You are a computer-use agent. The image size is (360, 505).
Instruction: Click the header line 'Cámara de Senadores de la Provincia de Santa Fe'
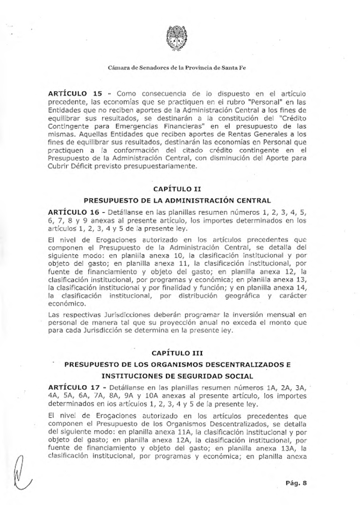click(x=177, y=68)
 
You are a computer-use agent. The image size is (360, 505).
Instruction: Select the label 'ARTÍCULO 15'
click(x=75, y=93)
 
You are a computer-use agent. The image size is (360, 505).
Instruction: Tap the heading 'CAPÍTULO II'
click(x=177, y=189)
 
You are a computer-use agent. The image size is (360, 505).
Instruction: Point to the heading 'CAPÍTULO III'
click(x=177, y=353)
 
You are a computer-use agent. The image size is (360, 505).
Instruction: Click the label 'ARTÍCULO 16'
click(x=74, y=213)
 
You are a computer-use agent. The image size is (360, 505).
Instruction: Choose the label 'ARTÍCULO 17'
click(x=74, y=388)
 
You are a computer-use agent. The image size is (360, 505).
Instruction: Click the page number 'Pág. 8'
click(x=296, y=483)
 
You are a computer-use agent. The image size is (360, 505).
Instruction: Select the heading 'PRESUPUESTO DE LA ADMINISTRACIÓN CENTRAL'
click(x=177, y=201)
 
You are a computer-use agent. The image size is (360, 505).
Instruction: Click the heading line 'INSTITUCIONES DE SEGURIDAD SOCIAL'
click(x=177, y=377)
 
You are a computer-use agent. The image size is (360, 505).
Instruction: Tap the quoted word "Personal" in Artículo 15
click(x=264, y=102)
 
